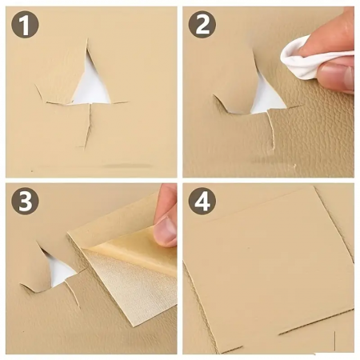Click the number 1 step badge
pyautogui.click(x=25, y=25)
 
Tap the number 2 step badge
pyautogui.click(x=202, y=25)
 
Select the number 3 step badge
pyautogui.click(x=25, y=201)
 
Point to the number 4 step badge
pyautogui.click(x=202, y=201)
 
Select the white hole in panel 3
pyautogui.click(x=58, y=270)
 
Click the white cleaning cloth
pyautogui.click(x=310, y=58)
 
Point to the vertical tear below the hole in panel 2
pyautogui.click(x=271, y=130)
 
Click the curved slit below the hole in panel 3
pyautogui.click(x=74, y=294)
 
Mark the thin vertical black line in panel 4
pyautogui.click(x=334, y=341)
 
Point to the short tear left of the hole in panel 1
pyautogui.click(x=40, y=93)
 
